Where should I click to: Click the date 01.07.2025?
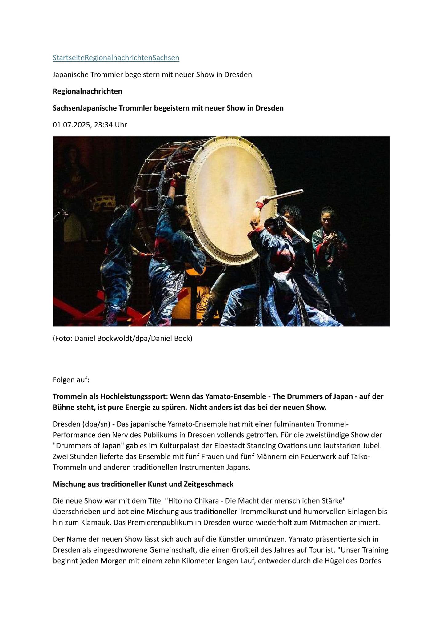point(71,125)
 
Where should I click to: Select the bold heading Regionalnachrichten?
point(87,91)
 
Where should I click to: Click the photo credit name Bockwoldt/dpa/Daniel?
point(124,339)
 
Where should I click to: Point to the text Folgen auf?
point(71,380)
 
